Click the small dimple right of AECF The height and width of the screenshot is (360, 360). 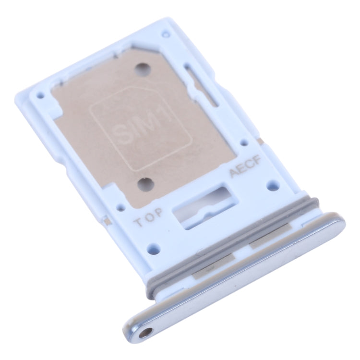(274, 183)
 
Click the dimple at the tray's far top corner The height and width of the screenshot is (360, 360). (166, 34)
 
